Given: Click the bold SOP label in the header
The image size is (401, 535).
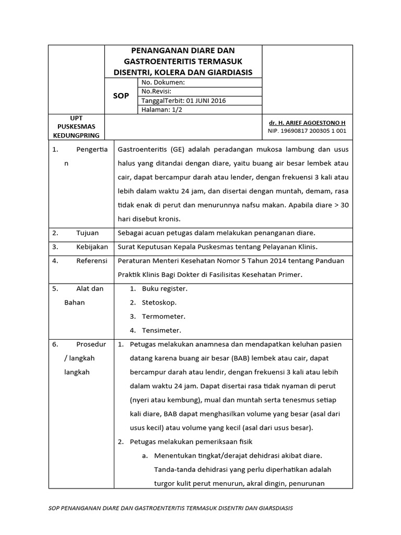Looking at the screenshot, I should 122,96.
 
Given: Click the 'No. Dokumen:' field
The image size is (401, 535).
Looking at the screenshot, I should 163,83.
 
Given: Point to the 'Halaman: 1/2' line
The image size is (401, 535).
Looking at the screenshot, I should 162,110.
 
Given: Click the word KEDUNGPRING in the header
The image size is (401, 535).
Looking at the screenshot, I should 76,135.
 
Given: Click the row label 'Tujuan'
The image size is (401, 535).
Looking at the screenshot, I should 87,232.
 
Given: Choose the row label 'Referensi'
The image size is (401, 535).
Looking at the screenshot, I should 91,260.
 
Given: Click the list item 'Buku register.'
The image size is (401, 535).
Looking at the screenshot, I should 164,288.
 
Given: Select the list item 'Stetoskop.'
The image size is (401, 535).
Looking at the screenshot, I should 159,303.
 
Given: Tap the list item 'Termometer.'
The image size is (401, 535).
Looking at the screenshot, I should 163,316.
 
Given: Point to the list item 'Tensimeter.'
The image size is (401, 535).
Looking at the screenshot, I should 162,330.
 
